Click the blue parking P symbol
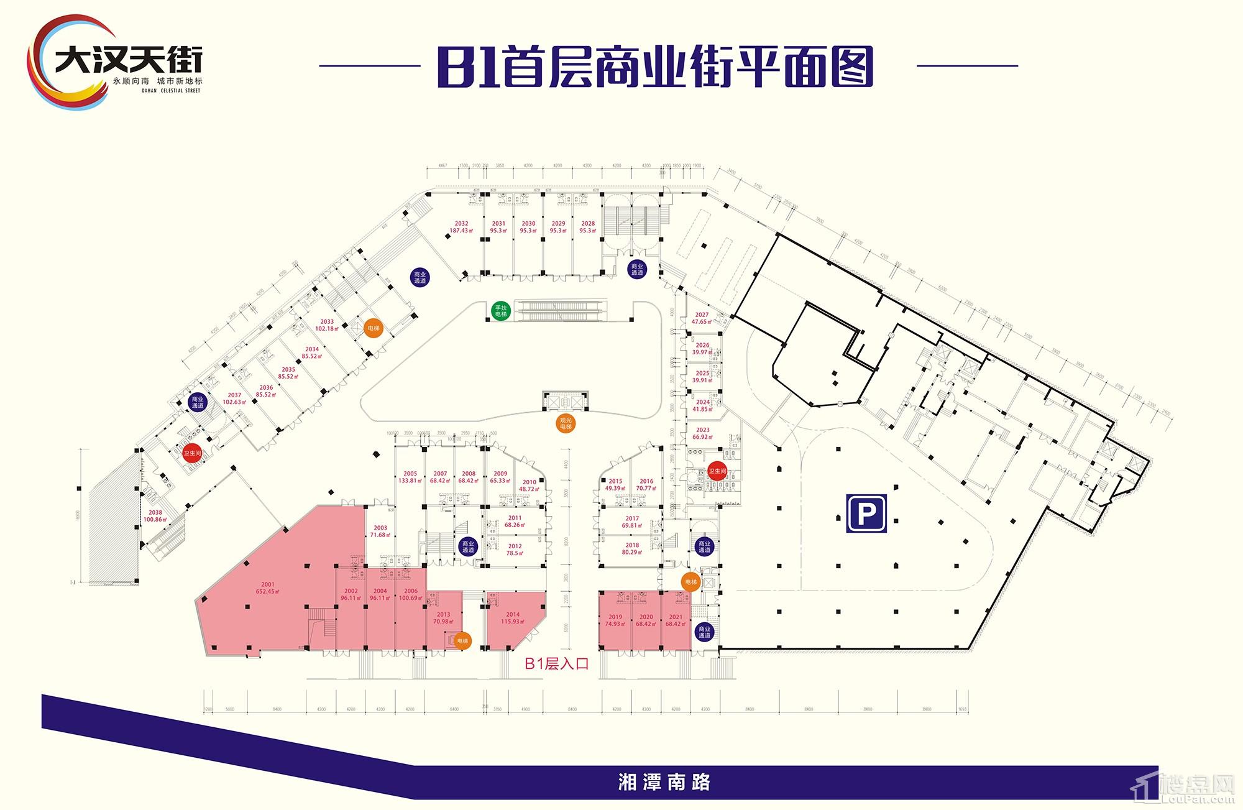point(866,513)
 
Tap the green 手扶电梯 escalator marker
point(500,311)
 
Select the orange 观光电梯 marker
point(565,424)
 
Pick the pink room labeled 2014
point(513,618)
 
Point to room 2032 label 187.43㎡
point(461,227)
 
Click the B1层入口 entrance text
point(556,664)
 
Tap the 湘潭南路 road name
point(664,782)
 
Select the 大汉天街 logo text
point(128,61)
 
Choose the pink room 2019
point(615,620)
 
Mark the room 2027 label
point(702,318)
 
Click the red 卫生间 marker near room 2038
point(192,453)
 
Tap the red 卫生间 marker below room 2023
point(717,471)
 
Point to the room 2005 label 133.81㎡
point(410,477)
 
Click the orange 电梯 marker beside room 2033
point(373,328)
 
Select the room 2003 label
point(380,532)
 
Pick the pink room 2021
point(675,620)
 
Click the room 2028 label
point(588,227)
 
